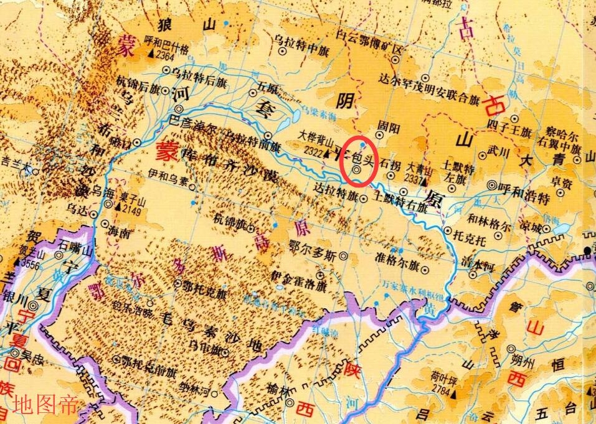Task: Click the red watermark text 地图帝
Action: click(46, 405)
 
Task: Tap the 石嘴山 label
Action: click(75, 247)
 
